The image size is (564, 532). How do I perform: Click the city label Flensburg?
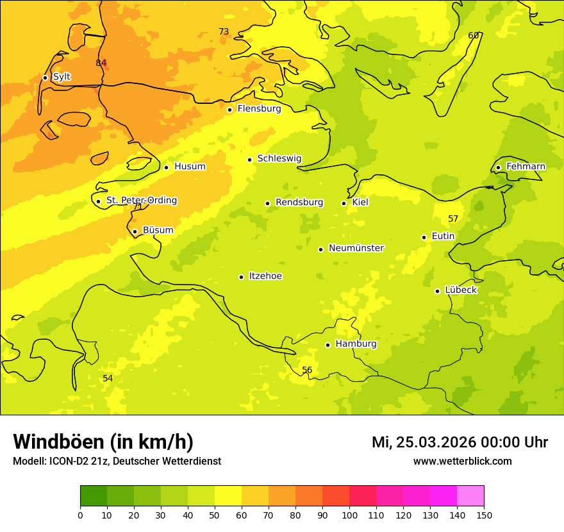click(x=259, y=109)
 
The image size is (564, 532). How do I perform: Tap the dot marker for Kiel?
click(x=344, y=203)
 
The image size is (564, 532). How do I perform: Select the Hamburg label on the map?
click(x=356, y=344)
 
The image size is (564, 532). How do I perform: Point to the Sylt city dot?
click(x=45, y=78)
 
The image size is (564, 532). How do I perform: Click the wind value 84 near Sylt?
click(x=101, y=63)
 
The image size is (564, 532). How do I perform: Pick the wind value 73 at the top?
click(x=224, y=31)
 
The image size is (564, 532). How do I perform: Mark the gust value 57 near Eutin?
click(x=453, y=219)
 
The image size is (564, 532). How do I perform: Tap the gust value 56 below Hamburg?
click(x=307, y=370)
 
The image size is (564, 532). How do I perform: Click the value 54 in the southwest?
click(x=108, y=379)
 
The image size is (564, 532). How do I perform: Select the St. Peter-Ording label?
click(x=141, y=201)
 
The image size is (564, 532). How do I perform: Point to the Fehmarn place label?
click(x=526, y=167)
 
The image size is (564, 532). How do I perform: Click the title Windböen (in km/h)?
click(x=103, y=442)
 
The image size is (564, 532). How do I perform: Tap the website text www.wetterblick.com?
click(x=462, y=461)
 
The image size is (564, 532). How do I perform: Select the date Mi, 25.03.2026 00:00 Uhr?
click(x=460, y=442)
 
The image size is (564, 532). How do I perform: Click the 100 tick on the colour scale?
click(x=349, y=515)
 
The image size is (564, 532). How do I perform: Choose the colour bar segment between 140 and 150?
click(x=470, y=496)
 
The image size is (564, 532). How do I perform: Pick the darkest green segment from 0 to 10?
click(x=94, y=496)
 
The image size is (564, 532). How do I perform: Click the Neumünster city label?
click(x=356, y=248)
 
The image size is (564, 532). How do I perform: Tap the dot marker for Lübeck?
click(x=437, y=291)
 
